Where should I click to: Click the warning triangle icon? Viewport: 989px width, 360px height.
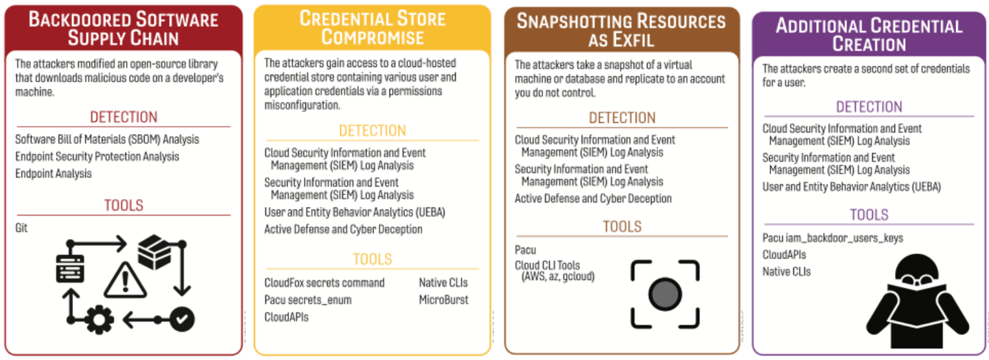pyautogui.click(x=125, y=280)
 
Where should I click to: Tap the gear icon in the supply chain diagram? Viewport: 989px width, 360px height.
pyautogui.click(x=99, y=320)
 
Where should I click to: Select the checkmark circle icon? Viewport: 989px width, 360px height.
pyautogui.click(x=181, y=319)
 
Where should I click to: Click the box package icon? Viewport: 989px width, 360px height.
pyautogui.click(x=155, y=251)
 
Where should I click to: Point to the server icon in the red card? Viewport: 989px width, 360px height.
pyautogui.click(x=70, y=268)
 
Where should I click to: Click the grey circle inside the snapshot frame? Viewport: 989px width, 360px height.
pyautogui.click(x=665, y=294)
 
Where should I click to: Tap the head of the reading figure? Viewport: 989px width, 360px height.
pyautogui.click(x=918, y=272)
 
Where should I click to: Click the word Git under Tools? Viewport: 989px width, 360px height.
pyautogui.click(x=21, y=228)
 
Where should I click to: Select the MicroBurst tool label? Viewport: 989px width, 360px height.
pyautogui.click(x=444, y=300)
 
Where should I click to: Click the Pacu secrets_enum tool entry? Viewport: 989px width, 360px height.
pyautogui.click(x=308, y=300)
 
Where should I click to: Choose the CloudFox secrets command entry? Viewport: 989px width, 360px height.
pyautogui.click(x=324, y=283)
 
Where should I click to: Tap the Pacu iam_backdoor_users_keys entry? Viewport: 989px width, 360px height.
pyautogui.click(x=832, y=238)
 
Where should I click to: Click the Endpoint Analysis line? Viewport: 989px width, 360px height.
pyautogui.click(x=53, y=174)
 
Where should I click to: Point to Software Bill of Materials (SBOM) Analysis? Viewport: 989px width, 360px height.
pyautogui.click(x=107, y=139)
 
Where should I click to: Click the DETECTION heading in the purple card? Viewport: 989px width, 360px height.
pyautogui.click(x=869, y=107)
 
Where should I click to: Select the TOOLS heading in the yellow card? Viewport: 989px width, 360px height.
pyautogui.click(x=372, y=259)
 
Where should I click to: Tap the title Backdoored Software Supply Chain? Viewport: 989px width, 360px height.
pyautogui.click(x=123, y=29)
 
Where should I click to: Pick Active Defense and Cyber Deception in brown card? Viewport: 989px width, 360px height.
pyautogui.click(x=593, y=198)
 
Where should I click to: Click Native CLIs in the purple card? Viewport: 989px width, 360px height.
pyautogui.click(x=786, y=272)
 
